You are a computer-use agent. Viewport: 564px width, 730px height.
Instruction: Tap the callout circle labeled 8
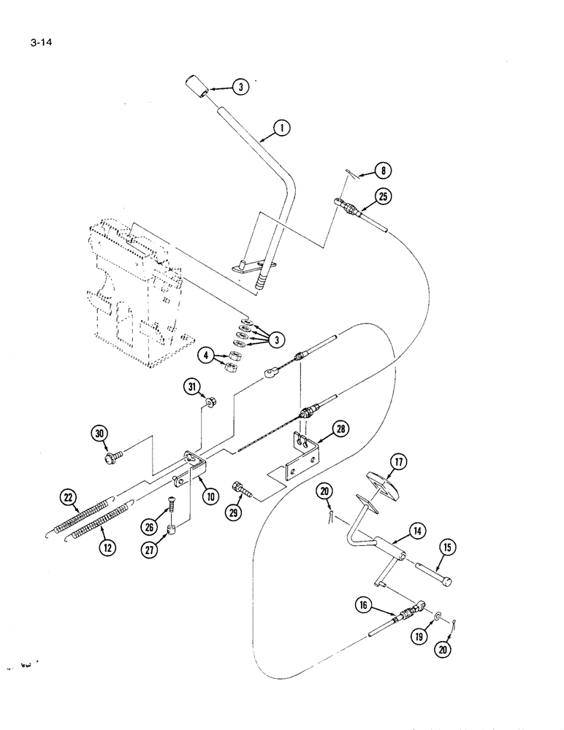point(381,172)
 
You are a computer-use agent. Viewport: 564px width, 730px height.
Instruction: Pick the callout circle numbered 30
point(99,434)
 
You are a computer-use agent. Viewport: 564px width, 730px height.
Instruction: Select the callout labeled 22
point(69,498)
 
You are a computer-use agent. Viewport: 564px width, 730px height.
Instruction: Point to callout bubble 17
point(398,462)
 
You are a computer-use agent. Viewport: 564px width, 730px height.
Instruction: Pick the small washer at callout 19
point(436,617)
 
